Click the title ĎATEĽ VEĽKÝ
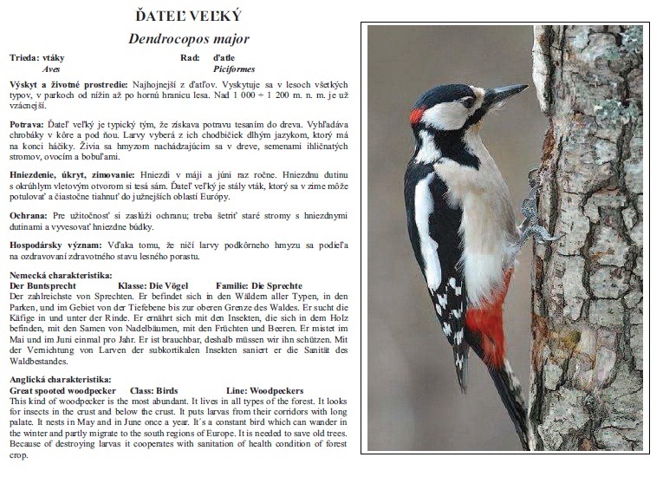click(189, 16)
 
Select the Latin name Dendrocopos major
click(189, 39)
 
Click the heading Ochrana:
click(28, 214)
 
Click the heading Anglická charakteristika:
click(59, 380)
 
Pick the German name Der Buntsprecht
click(42, 285)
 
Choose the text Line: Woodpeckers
click(264, 391)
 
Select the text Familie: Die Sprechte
click(258, 285)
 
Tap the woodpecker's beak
click(507, 92)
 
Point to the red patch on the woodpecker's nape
click(417, 115)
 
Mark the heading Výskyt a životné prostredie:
click(68, 84)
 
